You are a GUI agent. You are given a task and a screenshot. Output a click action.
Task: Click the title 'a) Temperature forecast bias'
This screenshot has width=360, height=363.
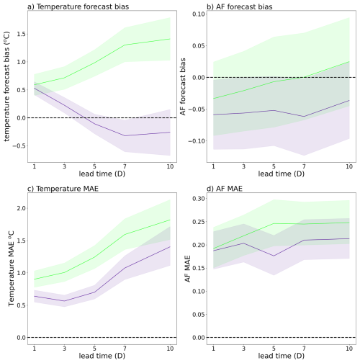(78, 6)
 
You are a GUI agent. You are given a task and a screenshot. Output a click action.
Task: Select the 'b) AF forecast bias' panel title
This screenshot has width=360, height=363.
(240, 6)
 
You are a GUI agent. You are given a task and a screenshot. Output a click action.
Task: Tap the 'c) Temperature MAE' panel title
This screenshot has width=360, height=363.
(63, 189)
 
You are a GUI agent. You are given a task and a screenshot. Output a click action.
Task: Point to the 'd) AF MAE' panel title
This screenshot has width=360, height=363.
(225, 189)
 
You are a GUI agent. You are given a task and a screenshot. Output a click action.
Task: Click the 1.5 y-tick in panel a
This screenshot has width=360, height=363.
(21, 34)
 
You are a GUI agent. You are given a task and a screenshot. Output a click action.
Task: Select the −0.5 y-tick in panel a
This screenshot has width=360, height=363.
(19, 146)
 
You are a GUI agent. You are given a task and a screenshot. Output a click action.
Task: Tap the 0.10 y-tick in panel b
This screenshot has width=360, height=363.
(199, 14)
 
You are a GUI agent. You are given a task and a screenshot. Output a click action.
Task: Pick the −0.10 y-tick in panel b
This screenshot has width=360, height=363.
(197, 141)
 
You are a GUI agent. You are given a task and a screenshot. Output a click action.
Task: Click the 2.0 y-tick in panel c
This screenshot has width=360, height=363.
(21, 208)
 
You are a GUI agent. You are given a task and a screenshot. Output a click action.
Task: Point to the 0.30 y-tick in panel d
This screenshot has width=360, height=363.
(199, 199)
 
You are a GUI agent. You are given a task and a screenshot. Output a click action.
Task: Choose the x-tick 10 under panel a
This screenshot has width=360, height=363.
(170, 166)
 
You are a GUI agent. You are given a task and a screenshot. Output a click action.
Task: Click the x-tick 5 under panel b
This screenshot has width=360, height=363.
(274, 166)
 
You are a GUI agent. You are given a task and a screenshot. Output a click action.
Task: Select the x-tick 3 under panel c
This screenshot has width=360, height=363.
(64, 348)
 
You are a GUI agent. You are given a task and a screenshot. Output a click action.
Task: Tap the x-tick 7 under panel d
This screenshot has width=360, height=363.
(304, 348)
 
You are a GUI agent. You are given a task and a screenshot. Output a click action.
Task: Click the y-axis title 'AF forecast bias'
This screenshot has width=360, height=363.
(183, 86)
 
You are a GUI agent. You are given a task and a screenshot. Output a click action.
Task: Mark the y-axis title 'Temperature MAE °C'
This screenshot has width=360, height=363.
(11, 269)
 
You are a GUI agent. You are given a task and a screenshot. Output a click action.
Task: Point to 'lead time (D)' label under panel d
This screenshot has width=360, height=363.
(282, 356)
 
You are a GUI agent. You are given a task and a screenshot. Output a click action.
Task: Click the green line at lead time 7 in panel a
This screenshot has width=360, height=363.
(125, 45)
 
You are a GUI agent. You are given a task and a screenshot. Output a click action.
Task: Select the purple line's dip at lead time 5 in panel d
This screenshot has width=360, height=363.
(274, 256)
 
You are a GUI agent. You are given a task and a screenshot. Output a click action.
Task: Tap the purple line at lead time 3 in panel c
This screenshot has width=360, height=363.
(64, 301)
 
